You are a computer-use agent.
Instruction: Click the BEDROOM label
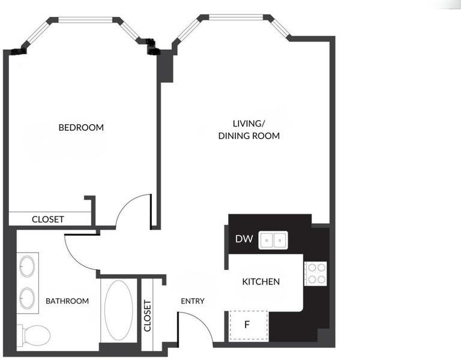(81, 128)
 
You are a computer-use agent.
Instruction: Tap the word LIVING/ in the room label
(249, 124)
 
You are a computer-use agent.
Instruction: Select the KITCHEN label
(261, 281)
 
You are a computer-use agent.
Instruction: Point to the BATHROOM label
(67, 301)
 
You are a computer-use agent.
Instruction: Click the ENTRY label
(193, 301)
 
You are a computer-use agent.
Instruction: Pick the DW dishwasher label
(244, 239)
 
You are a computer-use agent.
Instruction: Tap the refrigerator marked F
(249, 325)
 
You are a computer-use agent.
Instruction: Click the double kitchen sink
(273, 241)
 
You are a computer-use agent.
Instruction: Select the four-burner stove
(316, 274)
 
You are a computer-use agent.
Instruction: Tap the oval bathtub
(119, 310)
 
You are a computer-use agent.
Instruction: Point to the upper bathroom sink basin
(28, 266)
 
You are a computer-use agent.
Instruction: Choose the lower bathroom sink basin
(28, 298)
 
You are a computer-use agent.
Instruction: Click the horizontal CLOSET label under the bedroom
(48, 219)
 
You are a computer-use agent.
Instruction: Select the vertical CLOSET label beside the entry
(147, 316)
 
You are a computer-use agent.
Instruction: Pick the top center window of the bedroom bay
(85, 20)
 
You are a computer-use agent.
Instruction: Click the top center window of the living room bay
(236, 17)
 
